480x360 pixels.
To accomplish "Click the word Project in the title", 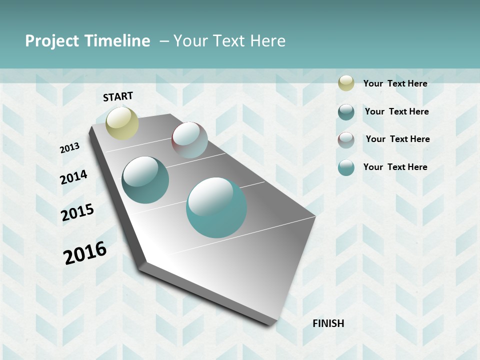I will coord(52,41).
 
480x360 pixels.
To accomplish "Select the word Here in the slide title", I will coord(267,41).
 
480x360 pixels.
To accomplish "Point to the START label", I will coord(118,96).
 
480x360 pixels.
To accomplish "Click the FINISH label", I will coord(328,323).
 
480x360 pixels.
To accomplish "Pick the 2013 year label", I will coord(69,148).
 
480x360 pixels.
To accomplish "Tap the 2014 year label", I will coord(73,177).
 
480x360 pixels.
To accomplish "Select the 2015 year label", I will coord(77,212).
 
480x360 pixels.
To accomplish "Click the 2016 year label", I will coord(85,253).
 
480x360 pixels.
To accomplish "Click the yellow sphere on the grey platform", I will coord(122,123).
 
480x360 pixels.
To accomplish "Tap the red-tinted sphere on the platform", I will coord(189,140).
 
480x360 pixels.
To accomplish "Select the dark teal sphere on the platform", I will coord(145,180).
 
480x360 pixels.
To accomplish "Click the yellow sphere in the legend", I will coord(346,83).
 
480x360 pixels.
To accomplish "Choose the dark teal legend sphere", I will coord(346,112).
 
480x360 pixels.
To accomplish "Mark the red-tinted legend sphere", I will coord(346,140).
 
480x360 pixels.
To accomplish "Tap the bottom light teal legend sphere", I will coord(346,167).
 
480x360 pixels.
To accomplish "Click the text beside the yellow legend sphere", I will coord(395,83).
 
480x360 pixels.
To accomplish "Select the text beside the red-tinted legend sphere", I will coord(397,139).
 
